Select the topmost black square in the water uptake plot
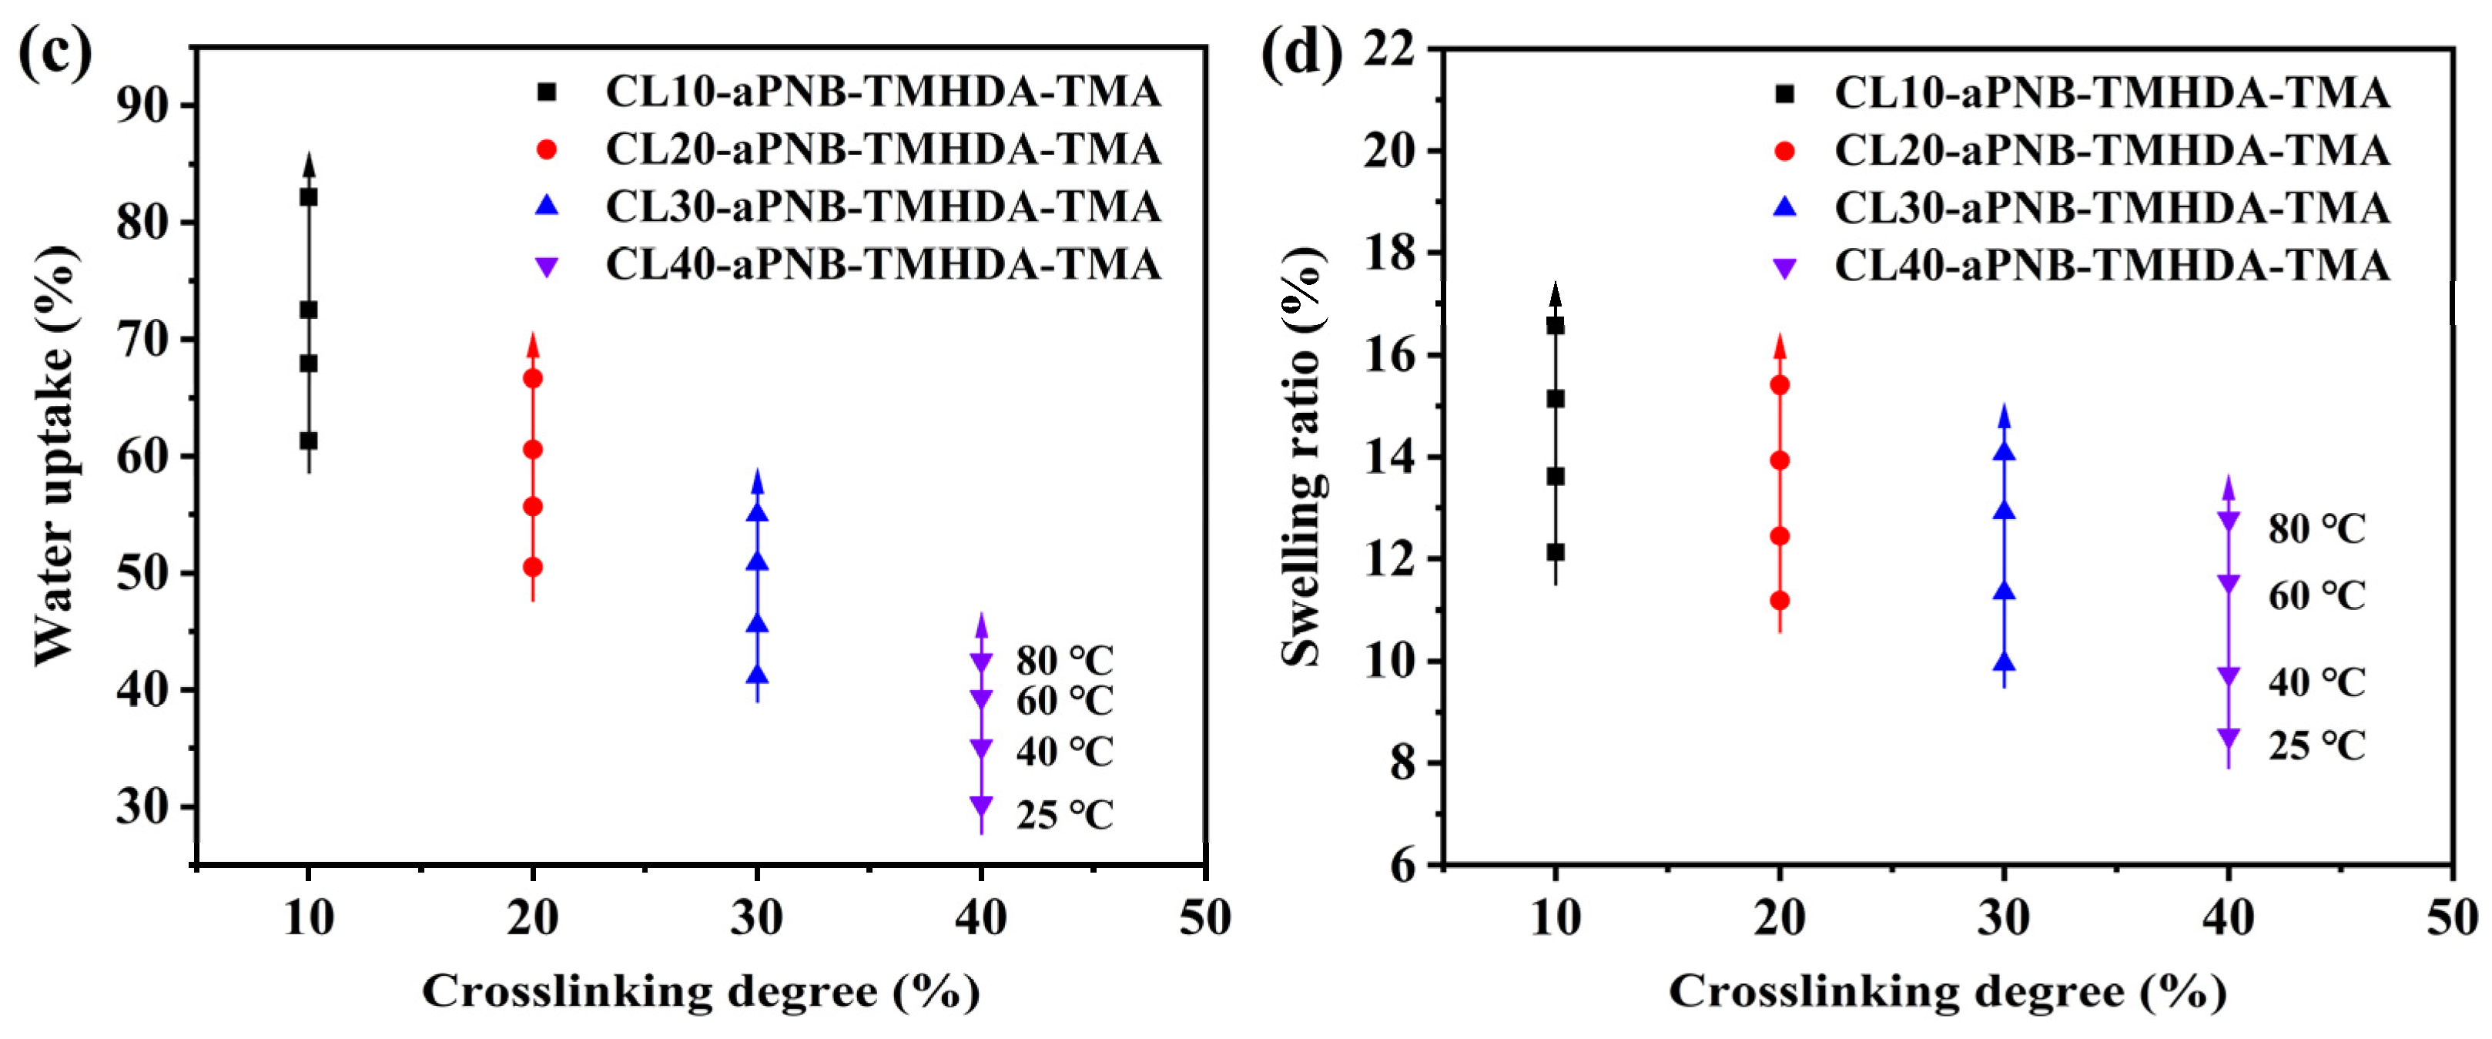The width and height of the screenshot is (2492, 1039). point(309,197)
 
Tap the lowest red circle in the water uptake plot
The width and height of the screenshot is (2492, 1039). point(532,567)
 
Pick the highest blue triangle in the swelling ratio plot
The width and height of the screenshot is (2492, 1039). point(2004,451)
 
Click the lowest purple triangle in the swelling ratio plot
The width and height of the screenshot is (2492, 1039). point(2228,738)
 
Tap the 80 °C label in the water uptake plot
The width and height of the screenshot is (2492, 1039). point(1064,662)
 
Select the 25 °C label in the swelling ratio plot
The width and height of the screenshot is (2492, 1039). point(2316,746)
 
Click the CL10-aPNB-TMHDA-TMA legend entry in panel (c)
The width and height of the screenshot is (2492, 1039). point(883,92)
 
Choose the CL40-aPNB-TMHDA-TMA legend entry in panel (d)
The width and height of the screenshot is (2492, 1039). point(2111,266)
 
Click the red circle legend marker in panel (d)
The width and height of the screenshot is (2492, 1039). point(1785,151)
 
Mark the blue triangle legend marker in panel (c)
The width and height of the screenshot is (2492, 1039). point(547,206)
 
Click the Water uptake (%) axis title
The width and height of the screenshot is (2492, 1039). point(55,454)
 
